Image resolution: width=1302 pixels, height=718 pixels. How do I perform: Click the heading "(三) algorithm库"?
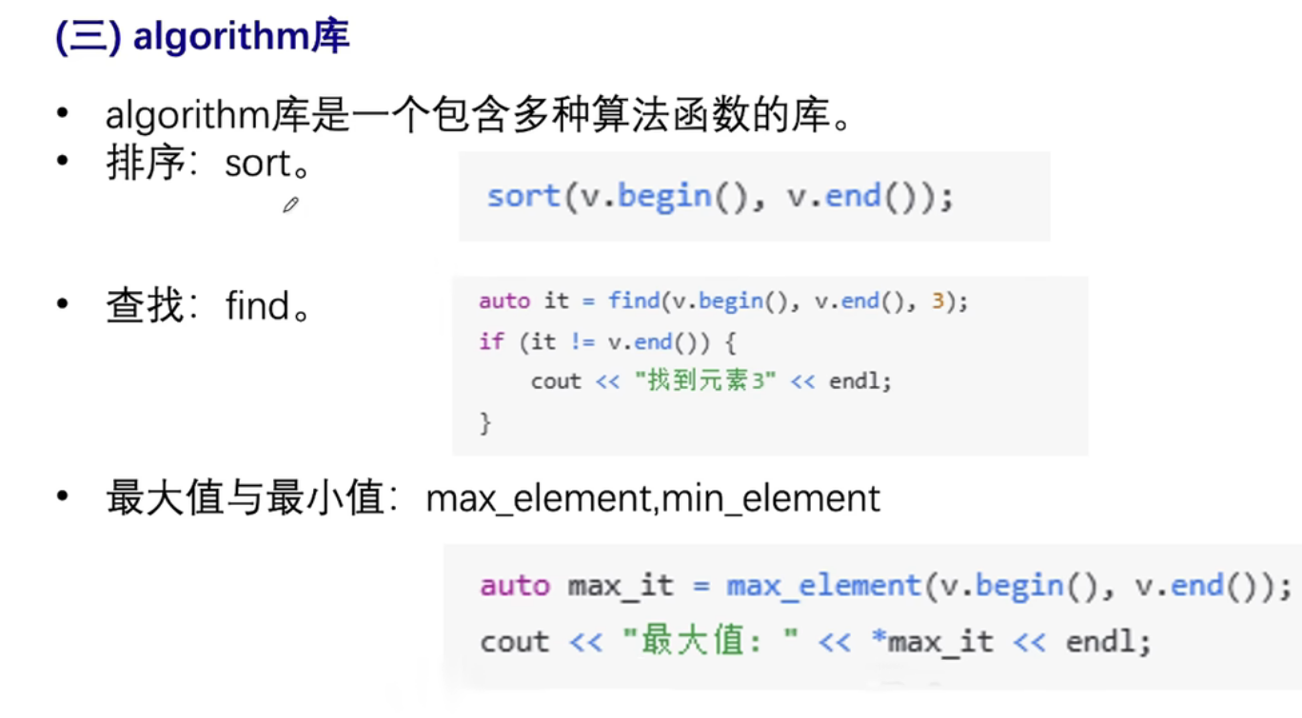click(203, 37)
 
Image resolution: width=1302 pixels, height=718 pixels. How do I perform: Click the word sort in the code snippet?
click(523, 197)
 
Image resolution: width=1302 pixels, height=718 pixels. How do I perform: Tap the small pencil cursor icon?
click(291, 204)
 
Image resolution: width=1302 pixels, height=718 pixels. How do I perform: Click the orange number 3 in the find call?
click(937, 301)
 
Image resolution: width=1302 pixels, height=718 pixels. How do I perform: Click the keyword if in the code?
click(491, 341)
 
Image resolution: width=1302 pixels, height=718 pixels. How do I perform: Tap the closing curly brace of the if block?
click(485, 421)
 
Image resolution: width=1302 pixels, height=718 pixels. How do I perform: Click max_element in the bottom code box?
click(823, 586)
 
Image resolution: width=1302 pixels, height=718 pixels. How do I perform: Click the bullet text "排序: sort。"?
click(208, 165)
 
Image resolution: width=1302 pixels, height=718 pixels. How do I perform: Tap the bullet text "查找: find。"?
click(208, 306)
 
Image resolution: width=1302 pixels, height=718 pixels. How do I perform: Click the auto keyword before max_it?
click(515, 586)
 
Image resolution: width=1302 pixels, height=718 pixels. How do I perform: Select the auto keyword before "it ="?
click(504, 301)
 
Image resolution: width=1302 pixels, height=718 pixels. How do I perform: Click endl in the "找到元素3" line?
click(860, 381)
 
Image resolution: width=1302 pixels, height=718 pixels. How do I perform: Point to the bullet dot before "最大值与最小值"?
click(63, 496)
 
